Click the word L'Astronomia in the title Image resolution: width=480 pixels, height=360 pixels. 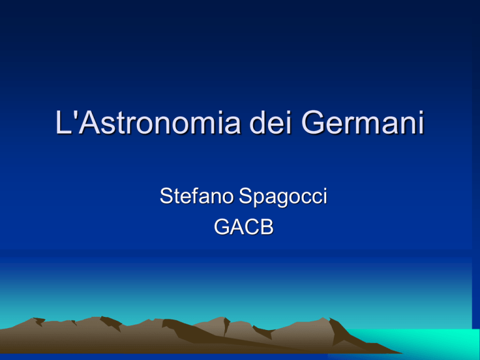(147, 122)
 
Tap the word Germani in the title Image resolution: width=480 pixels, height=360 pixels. (362, 122)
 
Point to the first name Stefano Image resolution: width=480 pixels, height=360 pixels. (196, 196)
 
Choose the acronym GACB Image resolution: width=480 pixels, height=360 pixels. (244, 227)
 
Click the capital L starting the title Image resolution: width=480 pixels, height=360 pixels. (63, 122)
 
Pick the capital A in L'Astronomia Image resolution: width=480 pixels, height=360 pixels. (89, 122)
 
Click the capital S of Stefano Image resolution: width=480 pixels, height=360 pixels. (166, 196)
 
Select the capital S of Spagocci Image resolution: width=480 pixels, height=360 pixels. (246, 196)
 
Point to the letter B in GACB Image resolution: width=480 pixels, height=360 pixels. (267, 227)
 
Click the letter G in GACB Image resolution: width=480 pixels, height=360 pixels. (222, 227)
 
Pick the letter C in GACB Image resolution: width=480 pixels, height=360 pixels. (252, 227)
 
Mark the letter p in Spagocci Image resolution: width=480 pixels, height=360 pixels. (259, 200)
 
